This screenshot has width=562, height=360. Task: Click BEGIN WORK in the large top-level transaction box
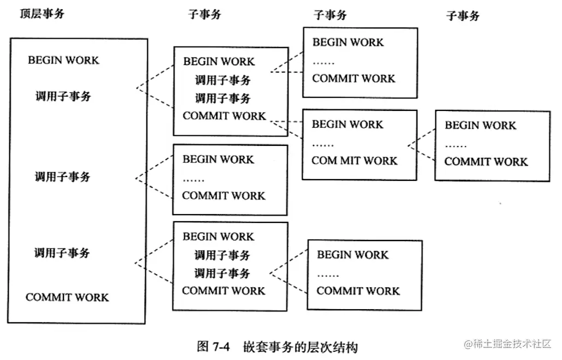click(x=64, y=60)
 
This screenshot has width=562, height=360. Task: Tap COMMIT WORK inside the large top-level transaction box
click(x=67, y=298)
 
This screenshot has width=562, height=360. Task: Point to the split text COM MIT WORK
click(x=354, y=161)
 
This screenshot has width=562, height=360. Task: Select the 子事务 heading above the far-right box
click(x=463, y=16)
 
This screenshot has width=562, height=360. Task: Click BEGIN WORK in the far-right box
click(x=480, y=126)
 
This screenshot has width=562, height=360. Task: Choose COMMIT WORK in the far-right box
click(x=486, y=162)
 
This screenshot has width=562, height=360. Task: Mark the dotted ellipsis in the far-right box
click(x=455, y=145)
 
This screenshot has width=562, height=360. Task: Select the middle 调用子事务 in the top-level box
click(x=62, y=177)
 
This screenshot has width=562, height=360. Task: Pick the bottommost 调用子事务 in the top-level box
click(x=62, y=253)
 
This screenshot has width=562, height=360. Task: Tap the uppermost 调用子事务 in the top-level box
click(x=63, y=97)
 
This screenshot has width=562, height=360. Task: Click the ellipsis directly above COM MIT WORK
click(x=323, y=144)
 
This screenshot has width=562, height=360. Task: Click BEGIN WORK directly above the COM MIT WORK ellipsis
click(x=347, y=125)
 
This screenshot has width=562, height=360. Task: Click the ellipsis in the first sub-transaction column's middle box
click(x=193, y=179)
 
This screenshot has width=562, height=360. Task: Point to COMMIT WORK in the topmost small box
click(x=353, y=79)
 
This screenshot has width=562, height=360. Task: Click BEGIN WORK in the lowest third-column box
click(x=353, y=255)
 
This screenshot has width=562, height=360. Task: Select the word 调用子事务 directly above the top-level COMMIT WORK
click(x=62, y=253)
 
